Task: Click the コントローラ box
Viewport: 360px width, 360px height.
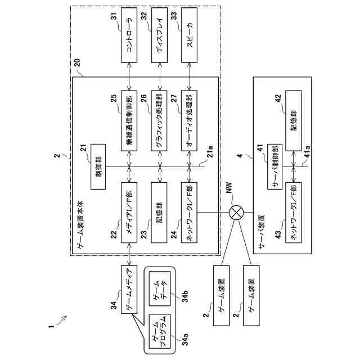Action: coord(129,35)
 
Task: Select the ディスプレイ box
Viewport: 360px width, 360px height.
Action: coord(159,35)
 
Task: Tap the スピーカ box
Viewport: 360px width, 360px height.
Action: coord(189,35)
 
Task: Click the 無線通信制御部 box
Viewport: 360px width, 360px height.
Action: coord(129,121)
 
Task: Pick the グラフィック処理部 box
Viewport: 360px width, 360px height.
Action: coord(159,121)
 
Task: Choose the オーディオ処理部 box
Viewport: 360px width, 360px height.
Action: coord(189,121)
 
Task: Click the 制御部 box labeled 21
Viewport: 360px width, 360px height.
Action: coord(98,166)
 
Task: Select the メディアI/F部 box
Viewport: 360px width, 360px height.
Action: coord(129,213)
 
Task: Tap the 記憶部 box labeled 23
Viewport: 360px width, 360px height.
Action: coord(159,213)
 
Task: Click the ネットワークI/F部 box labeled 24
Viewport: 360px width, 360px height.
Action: coord(189,213)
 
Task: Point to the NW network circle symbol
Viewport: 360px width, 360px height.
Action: coord(236,213)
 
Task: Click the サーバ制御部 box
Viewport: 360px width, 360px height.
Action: coord(275,166)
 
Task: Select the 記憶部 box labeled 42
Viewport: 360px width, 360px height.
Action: coord(294,121)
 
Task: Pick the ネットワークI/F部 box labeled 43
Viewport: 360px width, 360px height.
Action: coord(294,213)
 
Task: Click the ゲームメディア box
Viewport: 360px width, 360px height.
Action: coord(129,290)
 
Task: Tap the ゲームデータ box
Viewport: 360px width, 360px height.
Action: coord(160,289)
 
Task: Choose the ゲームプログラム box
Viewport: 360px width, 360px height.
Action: coord(160,331)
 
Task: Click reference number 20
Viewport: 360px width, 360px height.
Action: coord(77,62)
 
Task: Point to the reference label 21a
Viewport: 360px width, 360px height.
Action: coord(210,151)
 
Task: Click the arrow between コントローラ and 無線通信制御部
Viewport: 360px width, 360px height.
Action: coord(129,76)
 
